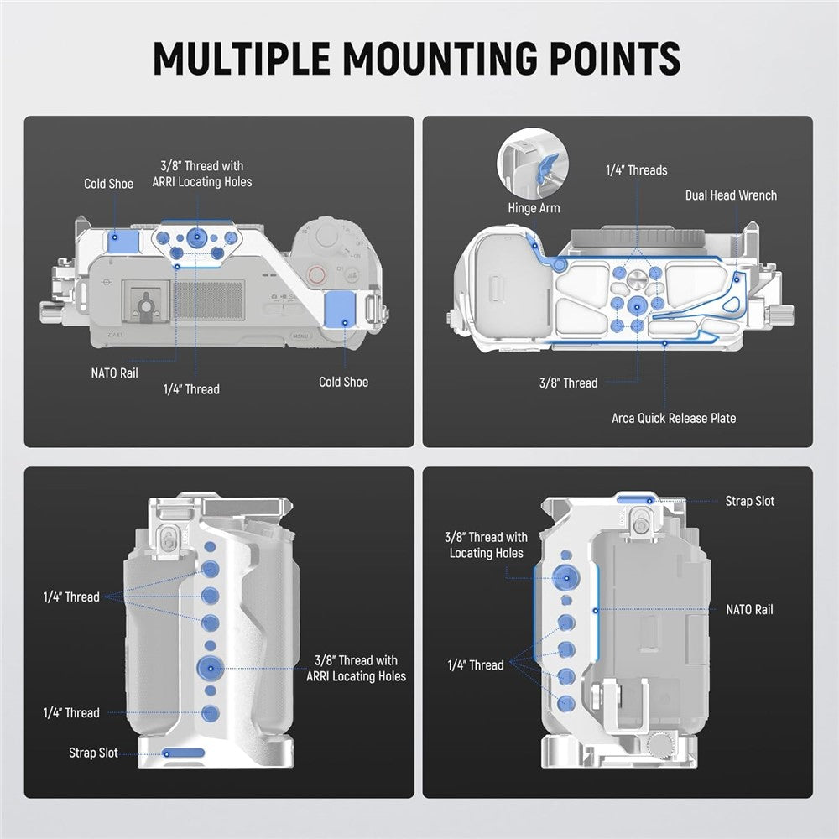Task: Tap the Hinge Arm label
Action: coord(534,207)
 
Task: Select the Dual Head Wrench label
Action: coord(731,195)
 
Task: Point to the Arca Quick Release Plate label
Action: coord(674,418)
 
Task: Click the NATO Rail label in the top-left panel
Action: coord(115,373)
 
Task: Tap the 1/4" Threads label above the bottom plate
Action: coord(637,170)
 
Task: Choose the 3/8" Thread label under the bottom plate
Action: coord(569,383)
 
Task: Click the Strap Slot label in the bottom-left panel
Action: coord(93,753)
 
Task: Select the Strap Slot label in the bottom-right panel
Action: coord(750,501)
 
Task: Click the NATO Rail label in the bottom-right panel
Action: coord(749,610)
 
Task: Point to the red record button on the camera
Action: coord(317,274)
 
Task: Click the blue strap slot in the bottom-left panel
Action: coord(183,753)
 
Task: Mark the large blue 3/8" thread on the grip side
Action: coord(209,668)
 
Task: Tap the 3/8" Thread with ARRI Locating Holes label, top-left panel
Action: coord(201,174)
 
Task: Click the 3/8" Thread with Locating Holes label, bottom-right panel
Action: coord(486,545)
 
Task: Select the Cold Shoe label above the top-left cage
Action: coord(108,184)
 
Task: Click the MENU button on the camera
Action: coord(301,337)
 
